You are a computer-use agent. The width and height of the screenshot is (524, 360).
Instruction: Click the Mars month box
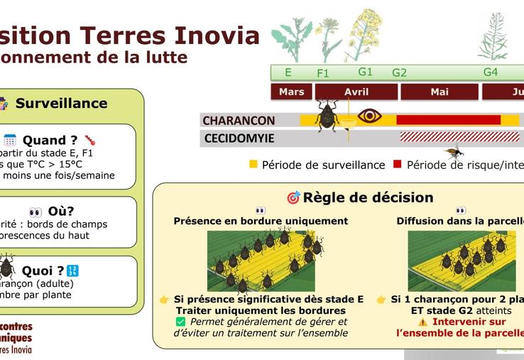pos(291,92)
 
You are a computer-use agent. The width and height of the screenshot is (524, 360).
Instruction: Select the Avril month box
pos(356,92)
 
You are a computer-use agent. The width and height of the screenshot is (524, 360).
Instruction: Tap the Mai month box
pos(440,92)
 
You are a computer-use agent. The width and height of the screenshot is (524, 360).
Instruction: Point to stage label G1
pos(365,72)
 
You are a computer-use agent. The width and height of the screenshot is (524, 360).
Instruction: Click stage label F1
pos(323,73)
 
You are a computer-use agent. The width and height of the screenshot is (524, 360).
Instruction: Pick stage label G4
pos(491,72)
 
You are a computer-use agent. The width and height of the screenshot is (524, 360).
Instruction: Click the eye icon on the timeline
pos(369,116)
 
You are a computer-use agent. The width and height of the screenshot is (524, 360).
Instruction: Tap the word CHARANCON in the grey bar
pos(239,121)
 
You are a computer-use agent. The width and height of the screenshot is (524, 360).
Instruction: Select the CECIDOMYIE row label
pos(239,138)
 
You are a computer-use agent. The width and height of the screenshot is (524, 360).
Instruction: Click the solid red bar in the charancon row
pos(448,120)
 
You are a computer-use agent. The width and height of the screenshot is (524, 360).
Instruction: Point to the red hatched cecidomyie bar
pos(459,137)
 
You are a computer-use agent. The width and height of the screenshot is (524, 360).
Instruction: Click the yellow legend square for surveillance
pos(253,165)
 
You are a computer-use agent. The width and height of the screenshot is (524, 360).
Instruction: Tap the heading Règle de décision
pos(368,197)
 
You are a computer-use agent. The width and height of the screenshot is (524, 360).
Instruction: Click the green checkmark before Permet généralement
pos(180,322)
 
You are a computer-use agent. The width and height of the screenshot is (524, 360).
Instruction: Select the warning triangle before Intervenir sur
pos(422,322)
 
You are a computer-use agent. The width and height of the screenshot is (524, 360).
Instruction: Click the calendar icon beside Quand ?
pos(10,140)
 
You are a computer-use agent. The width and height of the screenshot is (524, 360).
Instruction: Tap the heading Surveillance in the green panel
pos(61,104)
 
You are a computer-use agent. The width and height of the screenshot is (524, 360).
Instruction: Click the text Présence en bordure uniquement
pos(261,221)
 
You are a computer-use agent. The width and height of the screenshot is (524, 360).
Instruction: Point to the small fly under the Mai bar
pos(453,151)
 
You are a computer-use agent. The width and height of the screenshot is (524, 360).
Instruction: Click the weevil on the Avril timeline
pos(327,116)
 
